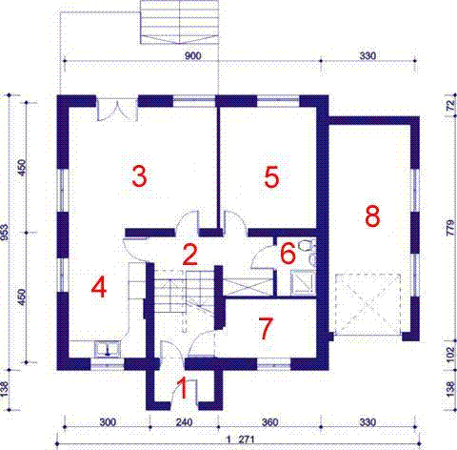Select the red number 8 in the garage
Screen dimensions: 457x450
click(x=372, y=216)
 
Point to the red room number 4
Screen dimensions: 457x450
click(x=99, y=286)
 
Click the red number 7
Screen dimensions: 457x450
click(x=266, y=329)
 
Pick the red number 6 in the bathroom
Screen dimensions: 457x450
click(x=288, y=254)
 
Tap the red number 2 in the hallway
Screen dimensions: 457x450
click(x=190, y=255)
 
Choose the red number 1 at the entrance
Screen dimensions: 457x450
click(x=183, y=387)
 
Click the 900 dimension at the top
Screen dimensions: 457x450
click(x=192, y=56)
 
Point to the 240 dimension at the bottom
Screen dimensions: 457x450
click(x=184, y=422)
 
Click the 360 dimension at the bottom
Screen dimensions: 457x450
click(x=270, y=422)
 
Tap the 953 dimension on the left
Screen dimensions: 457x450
click(x=5, y=232)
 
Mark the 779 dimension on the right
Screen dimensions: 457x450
click(x=450, y=228)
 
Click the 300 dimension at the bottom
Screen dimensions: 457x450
click(x=108, y=422)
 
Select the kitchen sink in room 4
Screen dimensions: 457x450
click(x=108, y=349)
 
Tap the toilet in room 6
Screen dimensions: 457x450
click(x=306, y=245)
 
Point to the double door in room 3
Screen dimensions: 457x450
click(x=117, y=110)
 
